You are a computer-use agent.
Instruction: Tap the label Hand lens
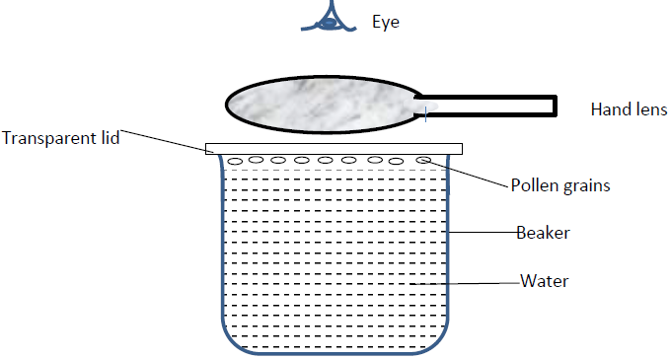tap(629, 108)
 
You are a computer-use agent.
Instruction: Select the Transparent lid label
tap(60, 138)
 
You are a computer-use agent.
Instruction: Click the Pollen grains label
tap(559, 185)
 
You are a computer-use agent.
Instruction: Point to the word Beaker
tap(543, 234)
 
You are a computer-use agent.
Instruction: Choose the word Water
tap(545, 282)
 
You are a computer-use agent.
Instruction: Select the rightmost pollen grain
tap(423, 159)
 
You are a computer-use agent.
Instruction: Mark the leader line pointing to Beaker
tap(484, 233)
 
